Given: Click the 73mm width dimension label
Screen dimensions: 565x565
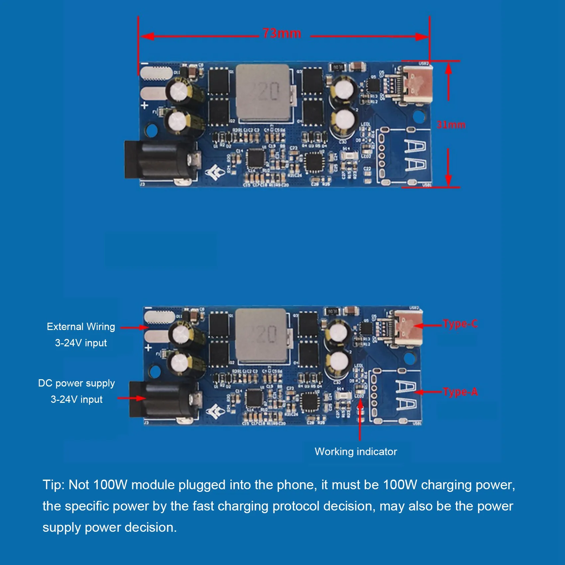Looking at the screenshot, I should [x=282, y=33].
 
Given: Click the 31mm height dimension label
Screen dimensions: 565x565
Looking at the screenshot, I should [x=451, y=125].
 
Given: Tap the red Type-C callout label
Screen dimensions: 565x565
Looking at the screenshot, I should [x=460, y=324].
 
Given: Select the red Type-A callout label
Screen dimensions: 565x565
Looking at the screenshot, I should [x=460, y=392].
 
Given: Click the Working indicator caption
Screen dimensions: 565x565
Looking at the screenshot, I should [x=356, y=451].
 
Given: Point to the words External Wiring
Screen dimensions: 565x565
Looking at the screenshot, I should [x=81, y=327].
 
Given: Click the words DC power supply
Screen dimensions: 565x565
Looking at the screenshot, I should [x=76, y=383].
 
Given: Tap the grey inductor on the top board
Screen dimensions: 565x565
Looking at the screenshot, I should [x=263, y=92].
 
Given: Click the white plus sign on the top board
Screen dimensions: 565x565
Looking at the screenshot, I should [x=145, y=106].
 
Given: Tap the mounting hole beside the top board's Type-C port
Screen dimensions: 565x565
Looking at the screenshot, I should [x=419, y=116].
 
